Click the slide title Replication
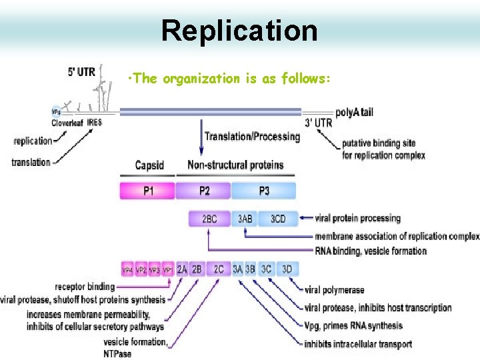[x=239, y=31]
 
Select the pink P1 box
[x=147, y=191]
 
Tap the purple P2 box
[x=203, y=191]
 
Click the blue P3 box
[x=264, y=191]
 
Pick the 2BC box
[x=209, y=219]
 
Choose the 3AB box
[x=245, y=219]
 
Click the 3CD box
[x=278, y=219]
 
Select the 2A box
[x=181, y=269]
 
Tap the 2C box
[x=219, y=269]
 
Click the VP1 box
[x=168, y=269]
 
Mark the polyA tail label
[x=354, y=112]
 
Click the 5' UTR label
[x=81, y=71]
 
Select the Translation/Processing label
[x=252, y=137]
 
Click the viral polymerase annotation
[x=334, y=290]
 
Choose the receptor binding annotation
[x=85, y=287]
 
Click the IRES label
[x=94, y=123]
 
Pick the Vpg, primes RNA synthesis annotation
[x=353, y=326]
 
